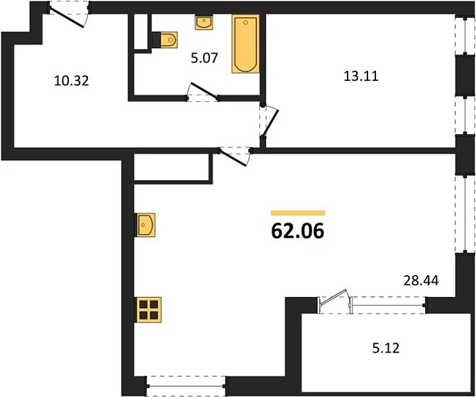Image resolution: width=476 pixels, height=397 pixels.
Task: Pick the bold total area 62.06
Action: (298, 232)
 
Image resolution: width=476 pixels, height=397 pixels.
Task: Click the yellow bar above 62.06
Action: (298, 212)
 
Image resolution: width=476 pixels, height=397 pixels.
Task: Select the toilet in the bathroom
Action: (166, 40)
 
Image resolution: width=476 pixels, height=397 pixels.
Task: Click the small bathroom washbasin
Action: (203, 21)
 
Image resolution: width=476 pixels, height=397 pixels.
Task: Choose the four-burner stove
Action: (148, 310)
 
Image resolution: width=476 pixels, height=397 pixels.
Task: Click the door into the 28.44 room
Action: (235, 153)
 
